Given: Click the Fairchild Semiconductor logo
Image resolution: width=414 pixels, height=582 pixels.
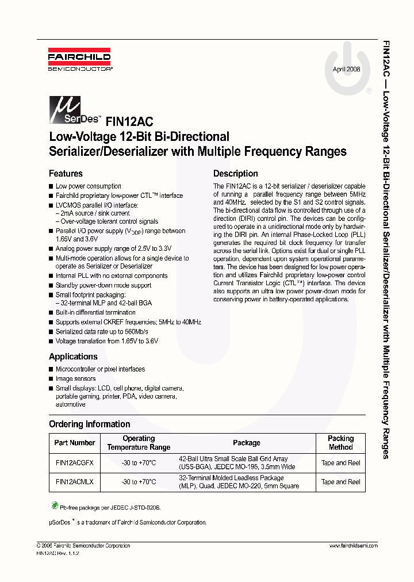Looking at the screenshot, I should pos(79,61).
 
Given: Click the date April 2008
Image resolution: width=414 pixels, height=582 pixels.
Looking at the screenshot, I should pos(346,69).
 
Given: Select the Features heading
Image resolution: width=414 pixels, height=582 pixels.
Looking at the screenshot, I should pos(66,174).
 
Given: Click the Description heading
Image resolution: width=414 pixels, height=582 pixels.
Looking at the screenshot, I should pos(235,174).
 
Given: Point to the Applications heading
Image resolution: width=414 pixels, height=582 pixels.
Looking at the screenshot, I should pos(73,357).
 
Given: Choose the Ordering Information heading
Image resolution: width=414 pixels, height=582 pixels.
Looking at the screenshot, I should pos(89,424).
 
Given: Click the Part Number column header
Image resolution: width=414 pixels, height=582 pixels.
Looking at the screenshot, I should pos(74,443).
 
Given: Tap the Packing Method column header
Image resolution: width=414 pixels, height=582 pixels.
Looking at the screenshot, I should pos(340,443).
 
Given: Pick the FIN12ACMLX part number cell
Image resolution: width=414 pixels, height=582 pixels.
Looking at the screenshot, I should pos(74,482).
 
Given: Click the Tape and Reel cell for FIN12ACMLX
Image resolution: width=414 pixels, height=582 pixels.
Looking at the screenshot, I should pos(340,482).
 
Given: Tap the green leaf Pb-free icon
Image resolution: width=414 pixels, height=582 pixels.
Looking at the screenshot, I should pos(55,506).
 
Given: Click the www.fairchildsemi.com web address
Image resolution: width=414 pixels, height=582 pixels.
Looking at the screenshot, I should pos(353,546).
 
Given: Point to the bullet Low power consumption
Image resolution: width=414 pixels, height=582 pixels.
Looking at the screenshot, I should pos(88,186).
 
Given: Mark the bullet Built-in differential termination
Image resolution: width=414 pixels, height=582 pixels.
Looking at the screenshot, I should pos(95,313).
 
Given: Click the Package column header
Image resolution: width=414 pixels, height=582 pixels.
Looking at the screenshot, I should pos(246,443).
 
